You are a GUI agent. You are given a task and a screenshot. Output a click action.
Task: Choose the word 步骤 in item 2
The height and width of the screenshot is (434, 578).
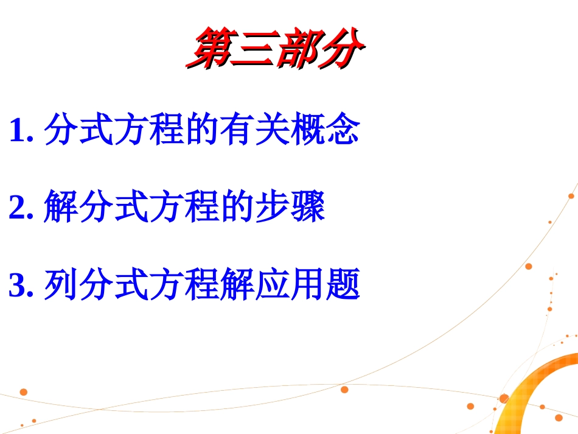coord(290,208)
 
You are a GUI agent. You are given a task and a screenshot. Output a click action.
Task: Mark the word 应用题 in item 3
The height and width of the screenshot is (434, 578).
coord(307,285)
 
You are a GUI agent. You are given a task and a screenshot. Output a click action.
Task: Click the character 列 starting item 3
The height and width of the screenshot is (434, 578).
coord(61,285)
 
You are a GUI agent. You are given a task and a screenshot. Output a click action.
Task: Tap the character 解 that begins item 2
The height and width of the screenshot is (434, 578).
coord(61,208)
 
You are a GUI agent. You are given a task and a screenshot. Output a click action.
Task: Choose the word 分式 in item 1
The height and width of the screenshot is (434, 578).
coord(79,130)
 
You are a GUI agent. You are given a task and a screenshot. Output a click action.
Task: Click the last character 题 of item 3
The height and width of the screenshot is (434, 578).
coord(343,285)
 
